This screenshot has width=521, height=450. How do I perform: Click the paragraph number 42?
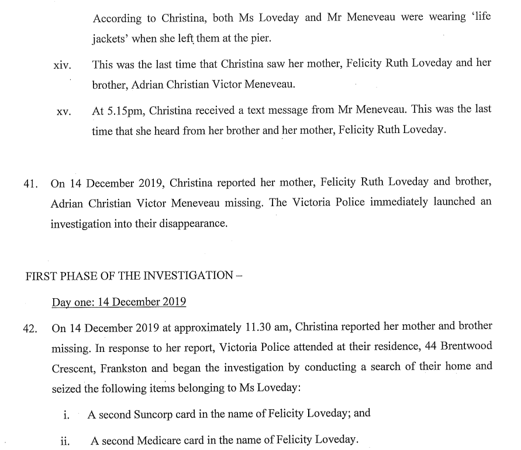[x=30, y=329]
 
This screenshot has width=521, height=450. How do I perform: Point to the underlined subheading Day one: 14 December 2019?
[x=119, y=302]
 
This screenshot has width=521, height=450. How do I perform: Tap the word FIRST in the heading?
[x=42, y=275]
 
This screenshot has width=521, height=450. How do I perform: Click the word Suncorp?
[x=158, y=414]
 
